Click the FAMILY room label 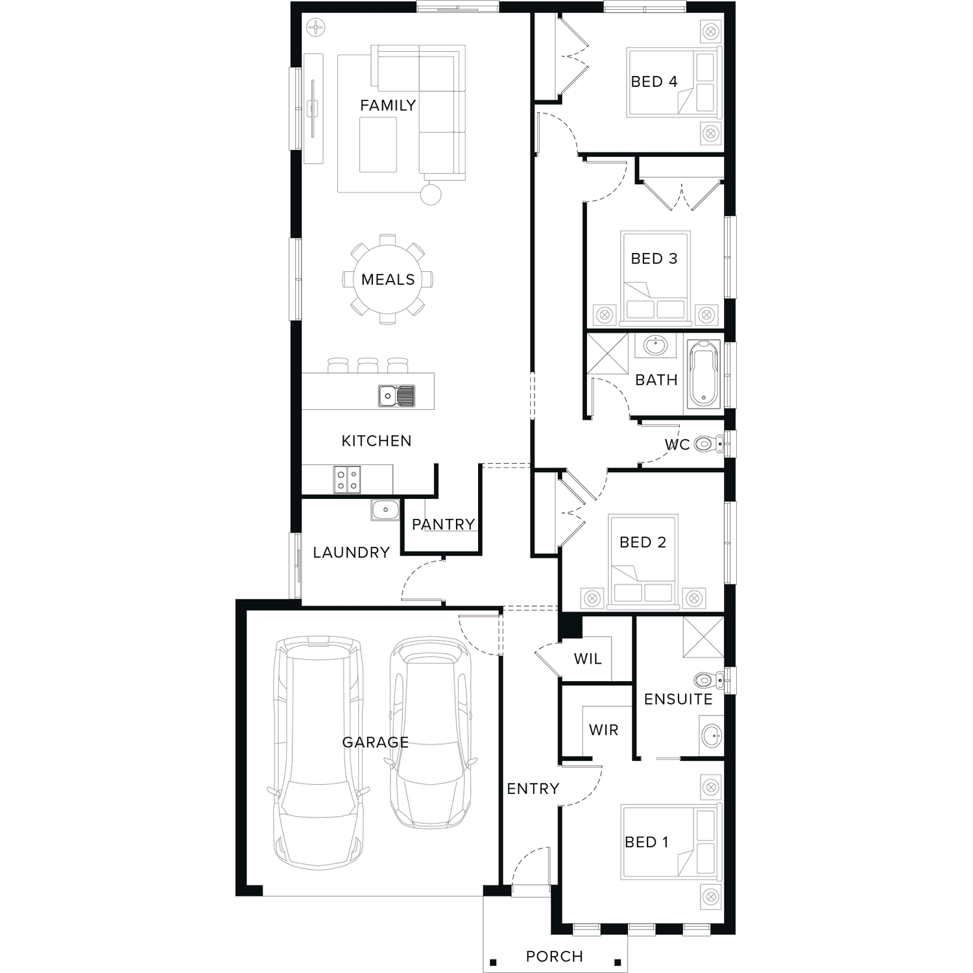388,105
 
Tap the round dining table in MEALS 388,280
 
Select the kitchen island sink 396,396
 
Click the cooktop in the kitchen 347,479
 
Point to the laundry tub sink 385,510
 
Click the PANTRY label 444,524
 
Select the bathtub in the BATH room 704,374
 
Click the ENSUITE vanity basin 712,735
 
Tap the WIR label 604,730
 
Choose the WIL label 588,659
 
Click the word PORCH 555,956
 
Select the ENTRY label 533,789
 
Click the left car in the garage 318,753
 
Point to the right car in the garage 431,734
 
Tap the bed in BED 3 655,278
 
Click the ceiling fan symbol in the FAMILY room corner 316,27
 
